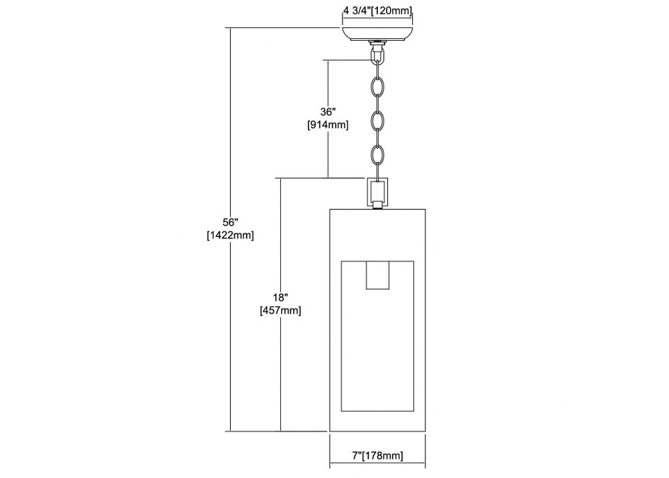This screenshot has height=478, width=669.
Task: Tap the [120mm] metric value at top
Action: click(x=391, y=11)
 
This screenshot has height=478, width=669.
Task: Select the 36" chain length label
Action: click(x=328, y=112)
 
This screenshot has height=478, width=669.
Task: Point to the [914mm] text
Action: click(x=328, y=125)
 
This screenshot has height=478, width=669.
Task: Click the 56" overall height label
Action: click(x=230, y=222)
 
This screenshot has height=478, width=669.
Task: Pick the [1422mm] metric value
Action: click(x=230, y=235)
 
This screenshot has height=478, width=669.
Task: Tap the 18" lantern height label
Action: click(x=281, y=297)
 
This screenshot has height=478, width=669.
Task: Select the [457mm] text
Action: click(x=281, y=310)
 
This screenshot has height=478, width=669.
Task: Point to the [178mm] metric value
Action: click(x=382, y=455)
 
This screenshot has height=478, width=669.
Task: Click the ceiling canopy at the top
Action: click(x=377, y=34)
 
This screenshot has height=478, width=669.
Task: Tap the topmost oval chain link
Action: click(x=377, y=86)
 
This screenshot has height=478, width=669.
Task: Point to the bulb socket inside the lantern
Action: click(x=378, y=275)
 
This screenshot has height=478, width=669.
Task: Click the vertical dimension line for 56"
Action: click(x=231, y=229)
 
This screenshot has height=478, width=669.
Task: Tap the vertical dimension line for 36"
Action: click(x=328, y=118)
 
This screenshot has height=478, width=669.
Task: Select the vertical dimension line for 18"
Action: click(x=281, y=305)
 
